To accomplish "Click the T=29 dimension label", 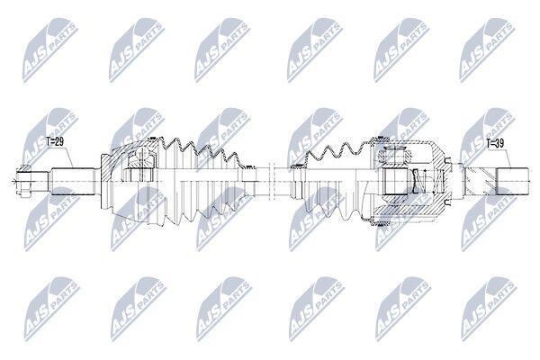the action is coord(54,141).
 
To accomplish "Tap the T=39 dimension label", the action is coord(495,143).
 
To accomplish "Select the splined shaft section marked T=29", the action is coord(73,181).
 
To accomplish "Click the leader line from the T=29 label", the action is coord(68,157).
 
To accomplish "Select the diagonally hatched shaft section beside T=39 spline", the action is coord(480,181).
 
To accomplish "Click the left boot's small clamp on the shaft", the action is coord(247,167).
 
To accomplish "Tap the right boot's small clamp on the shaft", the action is coord(295,167).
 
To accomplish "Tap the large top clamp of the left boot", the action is coord(151,139).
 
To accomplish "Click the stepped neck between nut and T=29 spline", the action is coord(41,181).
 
